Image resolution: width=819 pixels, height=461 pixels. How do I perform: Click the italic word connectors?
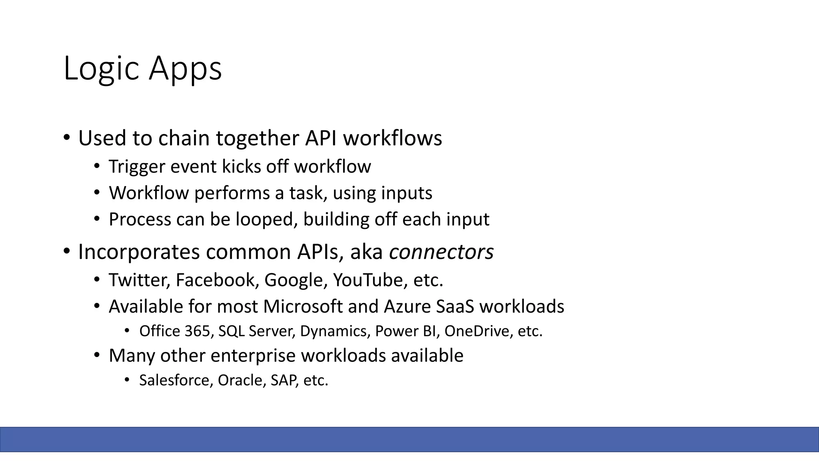pyautogui.click(x=441, y=252)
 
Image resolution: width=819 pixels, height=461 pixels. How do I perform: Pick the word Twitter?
pyautogui.click(x=139, y=280)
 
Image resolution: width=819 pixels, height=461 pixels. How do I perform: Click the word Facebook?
pyautogui.click(x=215, y=280)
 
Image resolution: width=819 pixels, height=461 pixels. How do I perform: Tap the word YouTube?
pyautogui.click(x=368, y=280)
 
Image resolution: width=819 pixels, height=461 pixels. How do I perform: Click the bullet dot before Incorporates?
pyautogui.click(x=66, y=251)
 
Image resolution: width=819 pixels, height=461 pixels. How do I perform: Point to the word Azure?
pyautogui.click(x=406, y=307)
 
